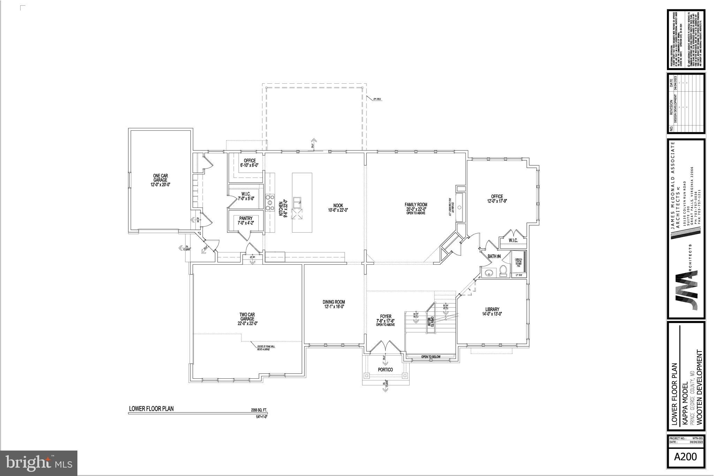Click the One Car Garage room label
(160, 180)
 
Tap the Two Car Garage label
(247, 319)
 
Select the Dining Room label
(334, 304)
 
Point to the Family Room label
(416, 207)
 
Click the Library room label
(492, 311)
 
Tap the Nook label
(338, 207)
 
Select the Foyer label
(385, 319)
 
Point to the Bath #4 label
(494, 256)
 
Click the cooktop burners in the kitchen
(269, 203)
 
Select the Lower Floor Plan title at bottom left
(151, 409)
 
